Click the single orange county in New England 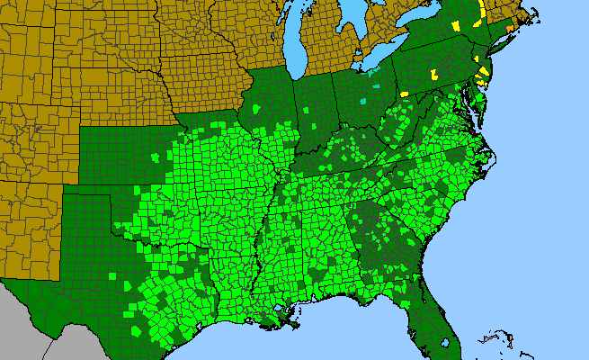(510, 28)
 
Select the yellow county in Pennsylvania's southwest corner (404, 94)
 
